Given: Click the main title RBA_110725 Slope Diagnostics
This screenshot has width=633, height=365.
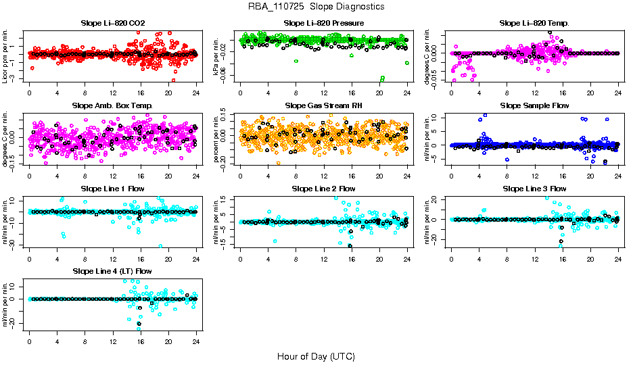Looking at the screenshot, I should click(316, 7).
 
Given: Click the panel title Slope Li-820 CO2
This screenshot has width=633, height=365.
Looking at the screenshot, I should click(112, 23).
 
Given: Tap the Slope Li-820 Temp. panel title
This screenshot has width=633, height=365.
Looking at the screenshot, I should click(534, 23).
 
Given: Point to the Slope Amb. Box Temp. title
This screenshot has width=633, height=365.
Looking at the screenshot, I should click(112, 105).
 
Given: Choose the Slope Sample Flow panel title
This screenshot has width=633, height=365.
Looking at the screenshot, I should click(534, 105).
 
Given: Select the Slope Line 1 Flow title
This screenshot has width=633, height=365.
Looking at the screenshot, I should click(112, 189).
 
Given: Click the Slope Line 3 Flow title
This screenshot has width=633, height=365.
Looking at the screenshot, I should click(534, 189).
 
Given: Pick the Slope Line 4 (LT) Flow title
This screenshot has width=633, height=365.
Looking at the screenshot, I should click(112, 271).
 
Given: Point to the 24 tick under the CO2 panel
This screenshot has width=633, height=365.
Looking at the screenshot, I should click(196, 93).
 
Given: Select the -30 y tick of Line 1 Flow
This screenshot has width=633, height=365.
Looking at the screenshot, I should click(15, 245).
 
